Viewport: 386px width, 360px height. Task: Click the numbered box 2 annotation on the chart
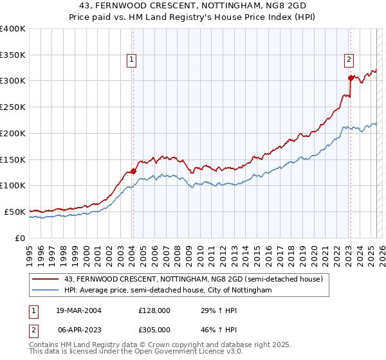coord(349,60)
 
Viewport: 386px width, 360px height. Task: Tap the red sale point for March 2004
coord(133,171)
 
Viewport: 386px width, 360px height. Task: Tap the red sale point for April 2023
coord(351,78)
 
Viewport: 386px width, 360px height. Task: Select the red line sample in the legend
coord(46,279)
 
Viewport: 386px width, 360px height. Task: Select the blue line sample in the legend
coord(46,291)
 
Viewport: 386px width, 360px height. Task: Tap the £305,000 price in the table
coord(154,328)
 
